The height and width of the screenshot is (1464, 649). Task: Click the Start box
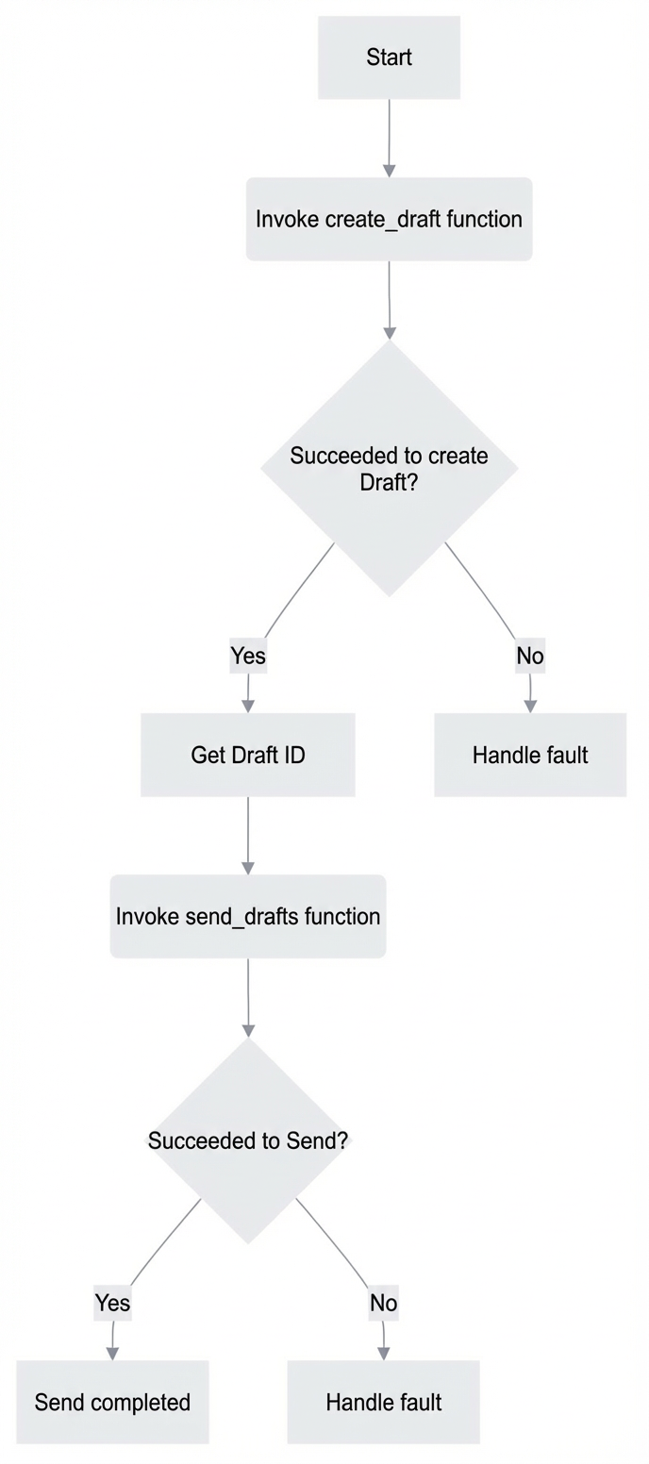point(389,58)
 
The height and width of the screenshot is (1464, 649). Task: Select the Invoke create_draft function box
point(389,219)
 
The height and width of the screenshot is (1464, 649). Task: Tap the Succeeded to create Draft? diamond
point(389,468)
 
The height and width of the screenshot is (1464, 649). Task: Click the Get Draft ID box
point(248,755)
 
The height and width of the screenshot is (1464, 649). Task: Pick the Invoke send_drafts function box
point(248,916)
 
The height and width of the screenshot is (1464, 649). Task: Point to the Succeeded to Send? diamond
point(248,1140)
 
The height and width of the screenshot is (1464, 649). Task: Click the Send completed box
point(112,1402)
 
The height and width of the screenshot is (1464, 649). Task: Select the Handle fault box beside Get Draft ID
point(530,755)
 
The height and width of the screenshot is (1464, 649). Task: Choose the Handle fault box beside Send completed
point(384,1402)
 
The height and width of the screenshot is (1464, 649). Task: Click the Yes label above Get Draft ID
point(248,656)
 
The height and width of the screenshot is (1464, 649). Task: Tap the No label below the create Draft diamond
point(530,656)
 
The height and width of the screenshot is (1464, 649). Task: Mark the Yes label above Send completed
point(112,1303)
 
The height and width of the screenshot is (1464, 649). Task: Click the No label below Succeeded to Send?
point(384,1303)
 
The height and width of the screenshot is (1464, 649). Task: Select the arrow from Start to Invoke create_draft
point(389,138)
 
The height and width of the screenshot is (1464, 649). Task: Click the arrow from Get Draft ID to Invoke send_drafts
point(248,835)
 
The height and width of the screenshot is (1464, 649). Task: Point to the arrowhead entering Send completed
point(112,1354)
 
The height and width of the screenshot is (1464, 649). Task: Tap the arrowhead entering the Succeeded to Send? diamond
point(248,1030)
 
